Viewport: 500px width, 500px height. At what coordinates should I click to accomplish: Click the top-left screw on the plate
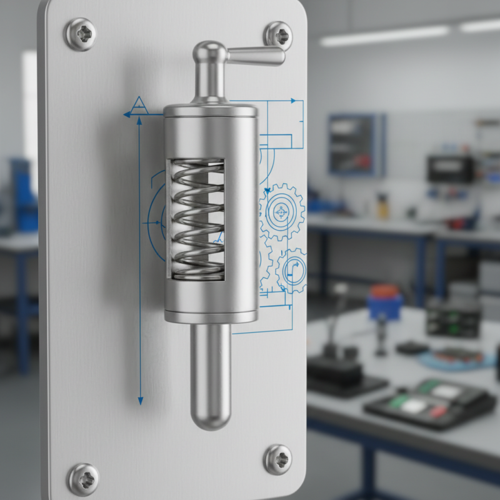click(81, 33)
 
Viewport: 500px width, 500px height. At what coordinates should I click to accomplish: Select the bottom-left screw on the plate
click(83, 479)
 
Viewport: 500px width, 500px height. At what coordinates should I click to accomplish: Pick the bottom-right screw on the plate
click(277, 459)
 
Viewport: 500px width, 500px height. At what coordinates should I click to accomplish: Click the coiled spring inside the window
click(197, 219)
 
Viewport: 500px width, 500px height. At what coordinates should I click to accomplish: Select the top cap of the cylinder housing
click(211, 111)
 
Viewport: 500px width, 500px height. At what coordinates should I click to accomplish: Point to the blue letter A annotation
click(139, 104)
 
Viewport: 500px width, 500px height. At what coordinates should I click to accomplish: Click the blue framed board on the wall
click(356, 144)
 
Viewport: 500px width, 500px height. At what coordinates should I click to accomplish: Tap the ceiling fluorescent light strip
click(384, 36)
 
